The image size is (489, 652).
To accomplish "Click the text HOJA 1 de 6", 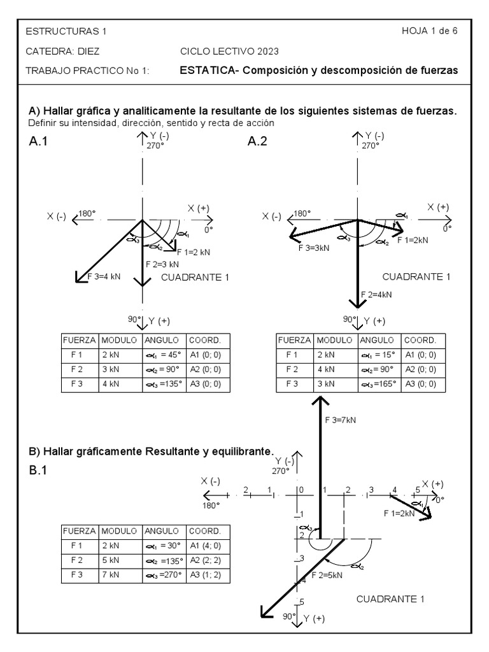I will pos(429,31).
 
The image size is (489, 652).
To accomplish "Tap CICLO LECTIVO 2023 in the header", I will pos(229,51).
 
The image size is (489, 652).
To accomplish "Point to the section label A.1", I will pos(39,143).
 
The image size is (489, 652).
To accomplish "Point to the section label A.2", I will pos(257,143).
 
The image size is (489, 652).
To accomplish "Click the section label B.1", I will pos(39,471).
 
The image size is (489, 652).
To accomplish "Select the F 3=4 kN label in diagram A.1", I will pos(103,275).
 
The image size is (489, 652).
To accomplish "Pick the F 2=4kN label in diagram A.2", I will pos(376,294).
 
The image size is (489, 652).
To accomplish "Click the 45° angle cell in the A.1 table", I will pos(163,355).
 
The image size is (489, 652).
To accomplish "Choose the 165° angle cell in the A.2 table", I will pos(379,384).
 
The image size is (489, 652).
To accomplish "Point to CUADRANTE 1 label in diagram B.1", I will pos(390,599).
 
